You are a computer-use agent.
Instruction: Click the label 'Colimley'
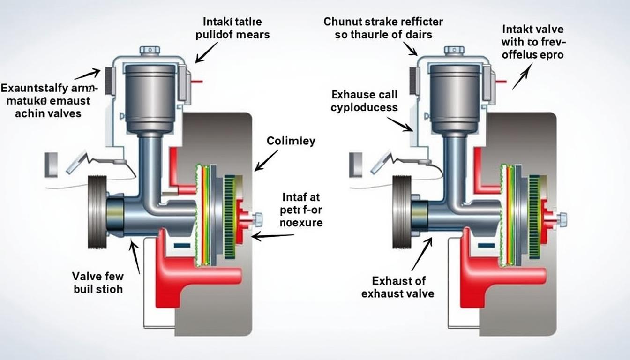point(291,141)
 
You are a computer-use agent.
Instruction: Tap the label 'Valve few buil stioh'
point(97,282)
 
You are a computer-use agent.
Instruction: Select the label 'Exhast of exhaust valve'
point(397,287)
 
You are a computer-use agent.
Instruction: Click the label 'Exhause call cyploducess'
point(364,101)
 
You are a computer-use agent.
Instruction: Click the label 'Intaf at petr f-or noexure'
point(301,210)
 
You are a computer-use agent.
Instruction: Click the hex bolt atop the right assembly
point(453,50)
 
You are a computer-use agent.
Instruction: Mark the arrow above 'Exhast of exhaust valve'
point(421,254)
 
